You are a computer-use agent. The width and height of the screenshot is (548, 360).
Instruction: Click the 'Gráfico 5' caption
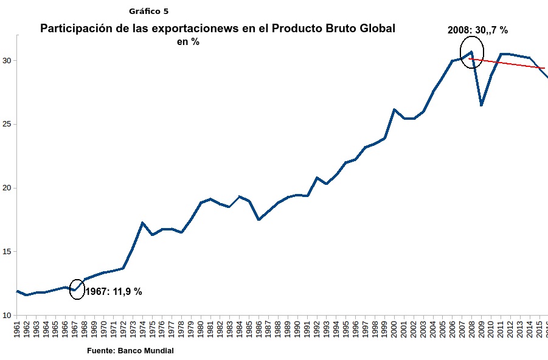coord(149,11)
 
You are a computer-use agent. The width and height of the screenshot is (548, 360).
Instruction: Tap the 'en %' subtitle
coord(188,41)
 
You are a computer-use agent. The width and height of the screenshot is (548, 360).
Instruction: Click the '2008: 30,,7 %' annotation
coord(477,29)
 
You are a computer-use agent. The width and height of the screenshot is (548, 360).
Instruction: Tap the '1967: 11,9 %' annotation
coord(113,292)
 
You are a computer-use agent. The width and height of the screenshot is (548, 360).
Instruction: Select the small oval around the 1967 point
coord(77,289)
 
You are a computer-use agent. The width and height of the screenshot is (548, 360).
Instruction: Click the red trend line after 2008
coord(511,64)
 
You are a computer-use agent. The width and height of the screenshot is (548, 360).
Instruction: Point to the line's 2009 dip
coord(481,105)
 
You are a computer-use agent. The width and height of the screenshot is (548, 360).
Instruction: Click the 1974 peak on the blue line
coord(142,223)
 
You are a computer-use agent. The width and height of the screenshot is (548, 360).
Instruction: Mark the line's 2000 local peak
coord(394,109)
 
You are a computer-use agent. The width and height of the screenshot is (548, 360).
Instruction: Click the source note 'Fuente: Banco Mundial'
coord(130,351)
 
